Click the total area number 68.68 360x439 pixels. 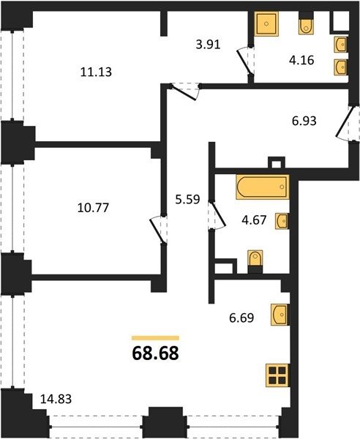click(x=155, y=353)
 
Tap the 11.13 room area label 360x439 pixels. click(x=96, y=72)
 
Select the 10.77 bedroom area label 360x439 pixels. click(x=93, y=208)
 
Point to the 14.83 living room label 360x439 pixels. click(x=56, y=399)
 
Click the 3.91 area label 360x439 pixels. click(x=209, y=45)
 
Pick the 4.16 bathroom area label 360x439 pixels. click(x=301, y=60)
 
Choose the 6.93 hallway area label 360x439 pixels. click(x=304, y=121)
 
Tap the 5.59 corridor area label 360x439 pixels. click(x=187, y=200)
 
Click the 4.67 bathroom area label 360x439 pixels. click(x=254, y=220)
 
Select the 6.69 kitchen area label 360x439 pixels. click(x=241, y=318)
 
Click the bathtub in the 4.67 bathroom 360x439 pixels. click(x=262, y=187)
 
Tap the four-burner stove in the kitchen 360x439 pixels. click(x=277, y=376)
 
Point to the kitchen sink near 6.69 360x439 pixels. click(x=280, y=315)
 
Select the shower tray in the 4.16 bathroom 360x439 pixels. click(x=266, y=24)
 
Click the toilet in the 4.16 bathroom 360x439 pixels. click(x=306, y=27)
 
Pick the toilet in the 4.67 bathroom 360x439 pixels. click(x=255, y=258)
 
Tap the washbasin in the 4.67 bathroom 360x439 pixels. click(x=282, y=221)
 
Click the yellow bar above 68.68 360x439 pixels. click(x=155, y=338)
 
